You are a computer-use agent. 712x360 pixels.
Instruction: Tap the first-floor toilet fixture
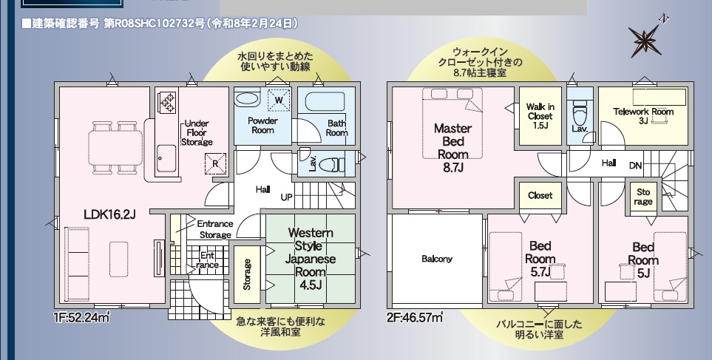click(334, 163)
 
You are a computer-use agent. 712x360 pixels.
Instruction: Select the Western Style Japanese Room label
click(311, 259)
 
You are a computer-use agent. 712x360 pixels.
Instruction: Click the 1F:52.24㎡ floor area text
click(82, 318)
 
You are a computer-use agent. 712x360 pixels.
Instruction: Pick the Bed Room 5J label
click(643, 259)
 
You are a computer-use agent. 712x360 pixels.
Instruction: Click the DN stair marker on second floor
click(635, 166)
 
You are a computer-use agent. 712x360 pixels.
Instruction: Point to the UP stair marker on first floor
click(286, 197)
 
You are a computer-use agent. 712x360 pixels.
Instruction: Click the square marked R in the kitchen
click(214, 163)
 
